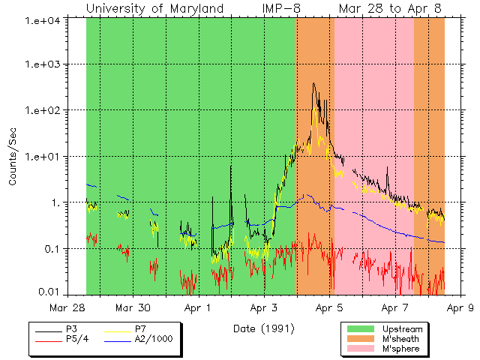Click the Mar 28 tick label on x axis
(67, 307)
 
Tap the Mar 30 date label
(134, 307)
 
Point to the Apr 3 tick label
(265, 307)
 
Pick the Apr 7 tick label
(395, 307)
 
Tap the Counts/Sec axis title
(13, 157)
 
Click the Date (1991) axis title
(263, 328)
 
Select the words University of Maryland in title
(154, 9)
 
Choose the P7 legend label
(140, 329)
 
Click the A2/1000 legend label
(154, 339)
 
